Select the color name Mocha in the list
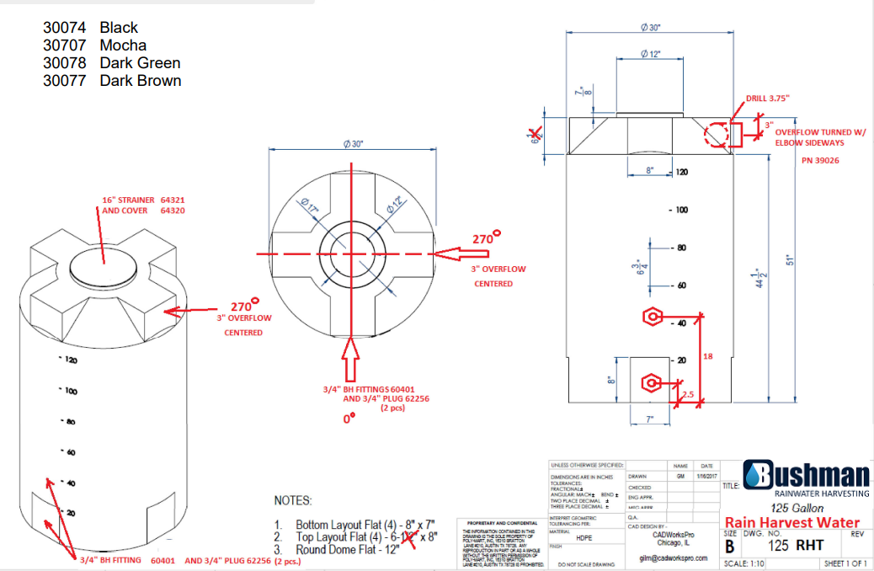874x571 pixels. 123,45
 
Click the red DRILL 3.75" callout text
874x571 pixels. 767,99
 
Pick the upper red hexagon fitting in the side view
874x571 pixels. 653,318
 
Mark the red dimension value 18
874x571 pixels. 707,356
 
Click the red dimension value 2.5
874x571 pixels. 688,394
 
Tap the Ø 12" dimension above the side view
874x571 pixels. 650,54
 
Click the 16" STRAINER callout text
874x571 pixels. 128,200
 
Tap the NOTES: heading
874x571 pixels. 293,500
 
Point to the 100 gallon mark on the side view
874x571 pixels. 679,209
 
